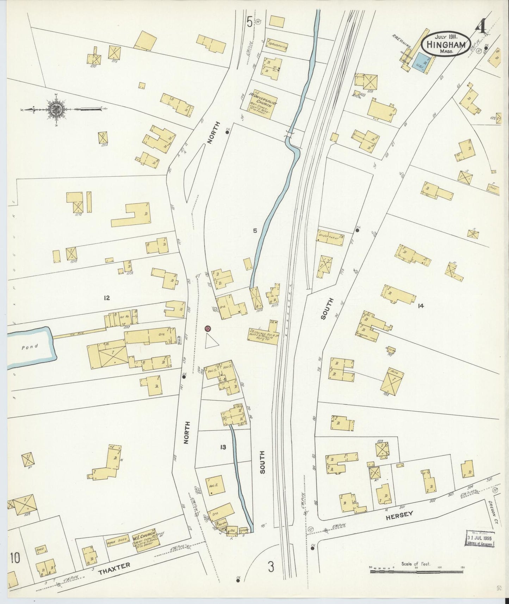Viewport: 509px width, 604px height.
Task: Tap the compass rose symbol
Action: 56,109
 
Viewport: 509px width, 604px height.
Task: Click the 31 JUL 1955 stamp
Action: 480,539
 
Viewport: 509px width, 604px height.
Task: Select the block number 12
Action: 106,298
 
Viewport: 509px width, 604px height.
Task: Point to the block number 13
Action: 223,447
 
